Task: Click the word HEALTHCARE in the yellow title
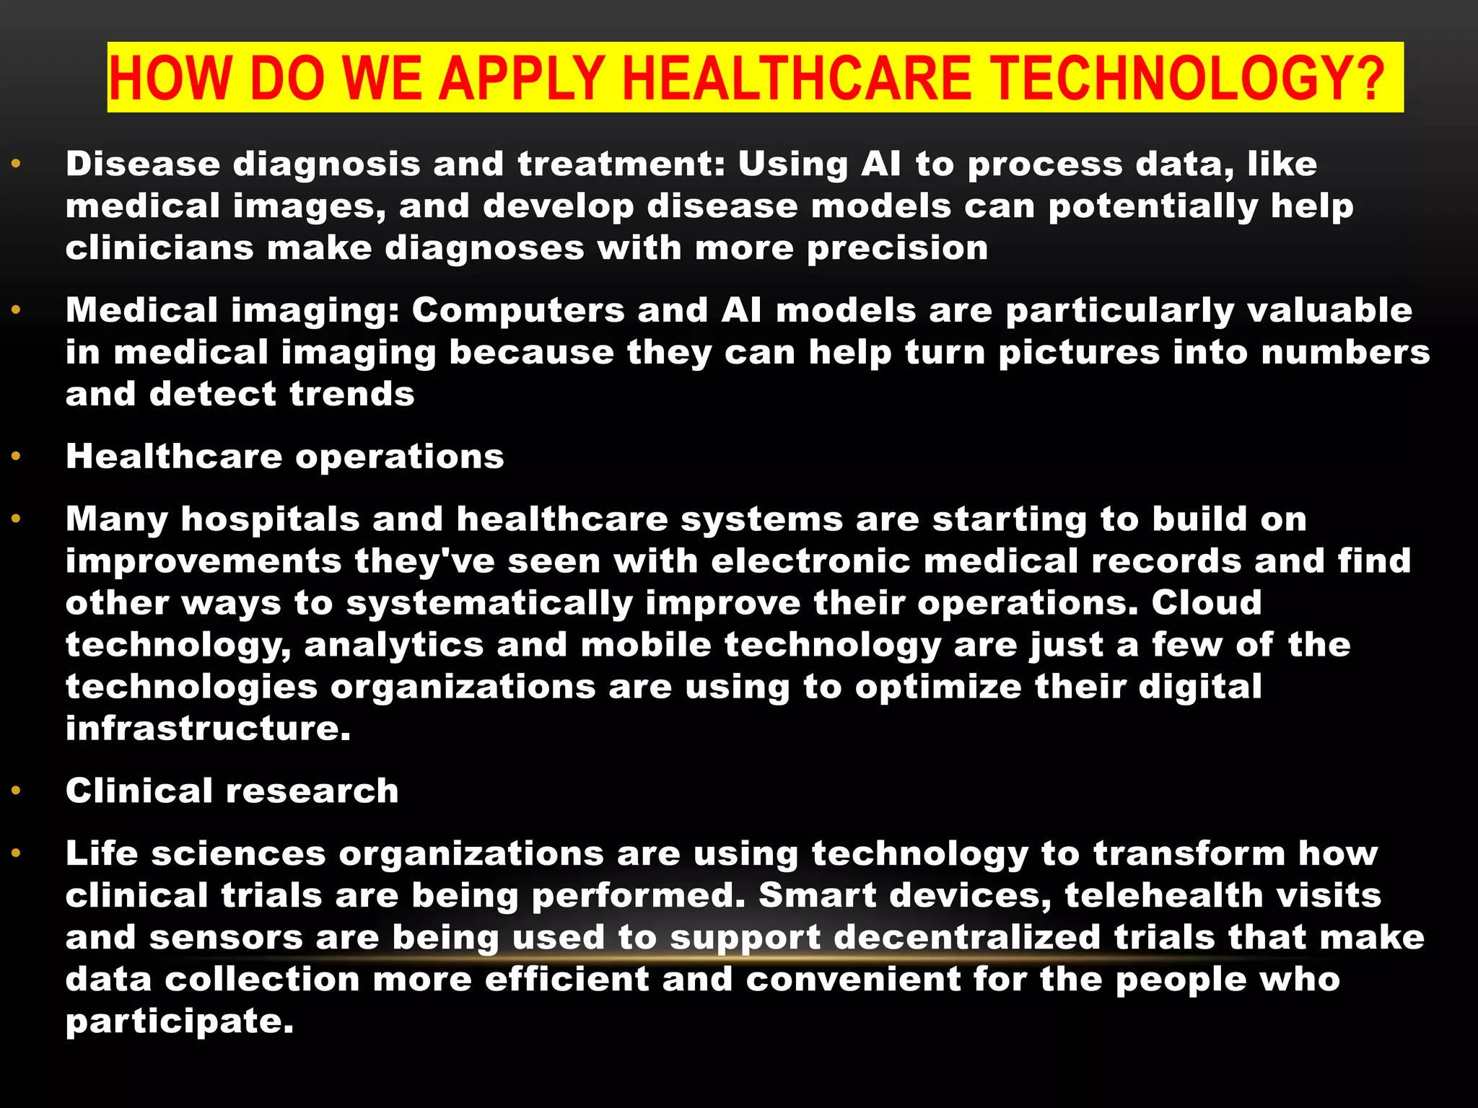click(796, 78)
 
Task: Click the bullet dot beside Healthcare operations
click(17, 457)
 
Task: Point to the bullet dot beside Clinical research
click(17, 791)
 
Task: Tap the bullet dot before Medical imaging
click(17, 310)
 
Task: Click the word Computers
click(518, 311)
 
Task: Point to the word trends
click(352, 395)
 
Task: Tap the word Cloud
click(1206, 603)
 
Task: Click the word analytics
click(394, 645)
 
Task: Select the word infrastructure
click(208, 729)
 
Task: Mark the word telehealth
click(1163, 896)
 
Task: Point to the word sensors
click(227, 938)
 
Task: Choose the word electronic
click(810, 561)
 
